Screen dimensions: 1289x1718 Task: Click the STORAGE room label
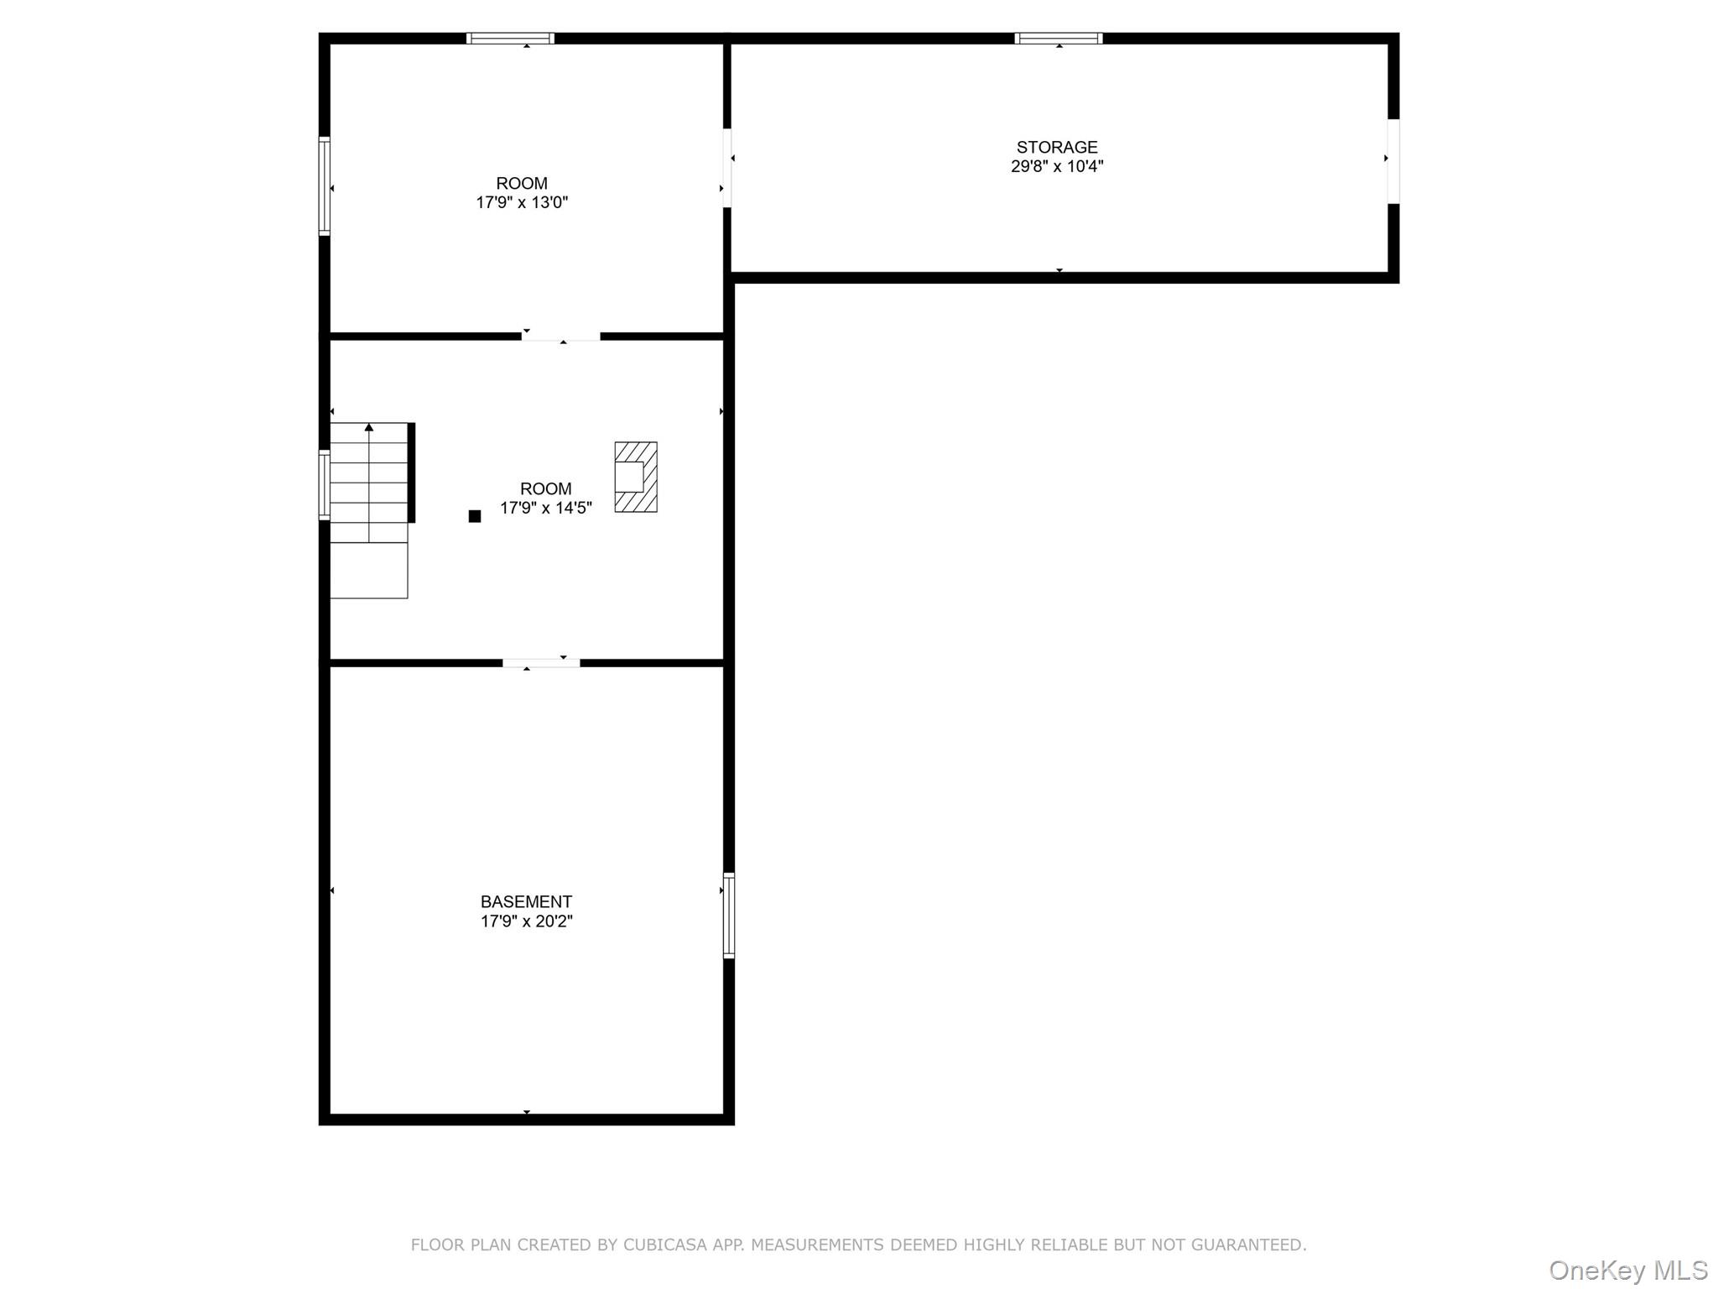click(1056, 148)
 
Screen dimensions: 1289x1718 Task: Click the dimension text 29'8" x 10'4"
click(1056, 167)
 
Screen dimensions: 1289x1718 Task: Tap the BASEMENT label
click(526, 902)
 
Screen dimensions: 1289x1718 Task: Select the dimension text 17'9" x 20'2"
click(526, 921)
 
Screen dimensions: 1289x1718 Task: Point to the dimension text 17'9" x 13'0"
click(522, 203)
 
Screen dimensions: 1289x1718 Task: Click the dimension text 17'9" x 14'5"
click(546, 509)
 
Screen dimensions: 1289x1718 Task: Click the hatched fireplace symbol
click(636, 477)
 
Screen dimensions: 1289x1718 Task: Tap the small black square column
click(475, 516)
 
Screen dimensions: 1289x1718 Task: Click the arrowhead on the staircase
click(369, 427)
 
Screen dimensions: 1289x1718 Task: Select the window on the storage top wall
click(1058, 38)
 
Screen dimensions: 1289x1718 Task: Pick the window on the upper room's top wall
click(510, 38)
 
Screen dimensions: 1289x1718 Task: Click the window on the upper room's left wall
click(324, 185)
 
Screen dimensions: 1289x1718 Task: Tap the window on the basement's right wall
click(729, 916)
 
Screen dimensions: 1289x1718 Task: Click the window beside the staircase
click(324, 485)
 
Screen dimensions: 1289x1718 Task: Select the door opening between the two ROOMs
click(560, 337)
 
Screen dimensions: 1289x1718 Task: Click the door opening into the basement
click(541, 663)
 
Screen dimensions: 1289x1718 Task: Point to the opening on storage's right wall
click(1393, 161)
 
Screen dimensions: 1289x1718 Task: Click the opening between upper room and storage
click(727, 168)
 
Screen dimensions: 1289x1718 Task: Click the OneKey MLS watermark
click(1627, 1270)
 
